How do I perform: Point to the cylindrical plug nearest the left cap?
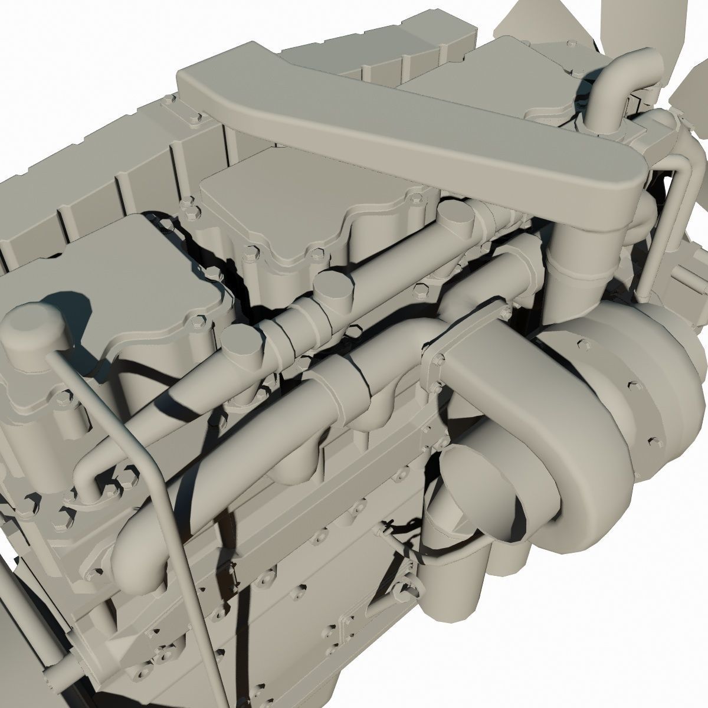pos(242,348)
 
